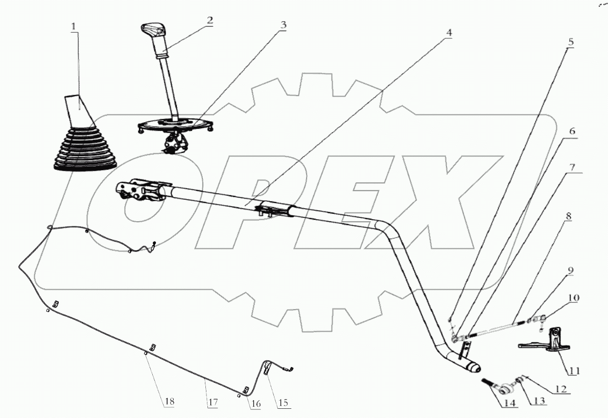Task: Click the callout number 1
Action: [75, 26]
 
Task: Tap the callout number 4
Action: [449, 32]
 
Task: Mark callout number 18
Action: [168, 402]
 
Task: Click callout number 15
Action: [283, 403]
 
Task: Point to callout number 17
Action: [213, 402]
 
